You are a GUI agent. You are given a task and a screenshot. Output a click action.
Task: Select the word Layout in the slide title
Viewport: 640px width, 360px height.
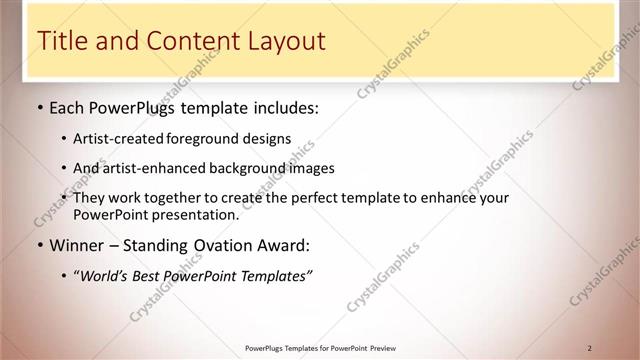coord(285,41)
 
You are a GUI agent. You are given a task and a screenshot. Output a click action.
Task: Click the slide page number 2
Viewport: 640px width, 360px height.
coord(590,348)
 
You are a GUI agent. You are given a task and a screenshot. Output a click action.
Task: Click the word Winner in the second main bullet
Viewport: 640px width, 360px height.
coord(76,245)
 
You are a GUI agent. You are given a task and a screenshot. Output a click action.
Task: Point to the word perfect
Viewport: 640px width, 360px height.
coord(345,198)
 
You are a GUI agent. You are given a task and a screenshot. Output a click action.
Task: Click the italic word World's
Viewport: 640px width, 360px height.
coord(105,274)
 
